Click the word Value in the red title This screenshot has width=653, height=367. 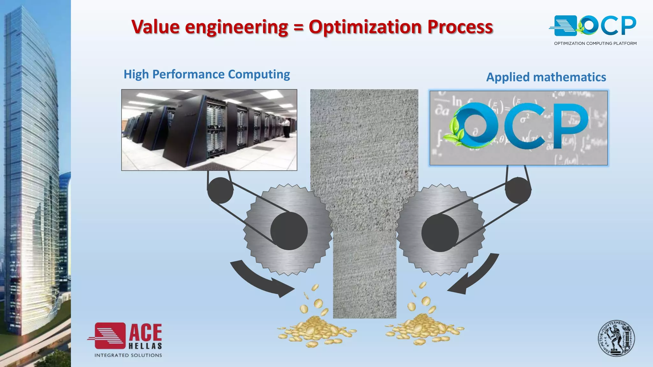coord(156,27)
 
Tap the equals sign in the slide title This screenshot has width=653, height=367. coord(298,27)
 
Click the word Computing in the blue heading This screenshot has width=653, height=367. coord(259,74)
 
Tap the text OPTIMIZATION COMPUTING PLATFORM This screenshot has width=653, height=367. coord(595,43)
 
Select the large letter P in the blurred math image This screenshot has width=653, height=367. coord(571,126)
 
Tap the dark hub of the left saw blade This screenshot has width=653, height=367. coord(289,231)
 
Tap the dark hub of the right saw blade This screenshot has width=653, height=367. coord(440,233)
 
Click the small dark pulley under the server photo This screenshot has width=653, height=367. coord(220,190)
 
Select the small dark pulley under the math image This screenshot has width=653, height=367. coord(518,190)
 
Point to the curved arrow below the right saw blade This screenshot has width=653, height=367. coord(475,276)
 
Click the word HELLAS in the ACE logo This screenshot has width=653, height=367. coord(145,346)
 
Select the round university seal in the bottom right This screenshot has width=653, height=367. coord(616,338)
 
